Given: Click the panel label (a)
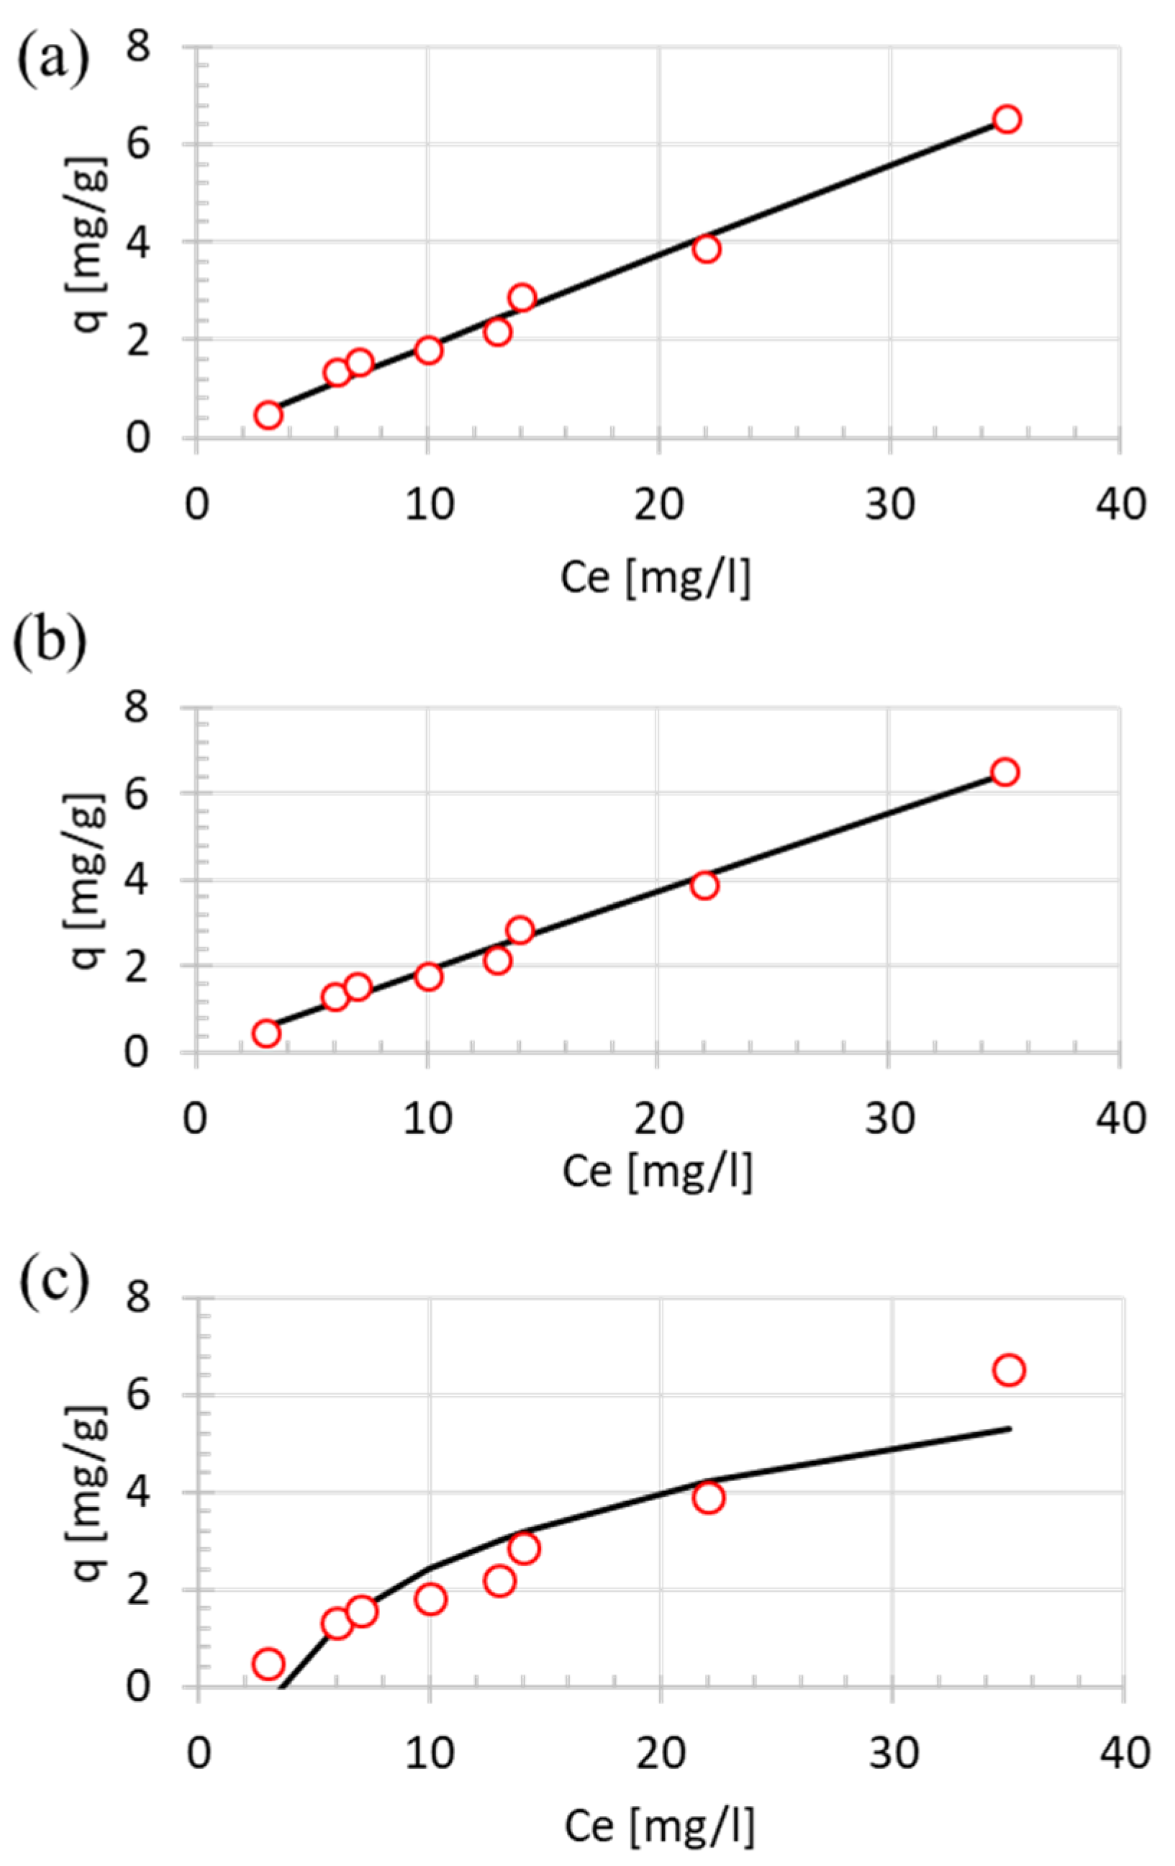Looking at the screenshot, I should point(53,59).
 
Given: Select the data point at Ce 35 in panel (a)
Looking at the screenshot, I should point(1006,119).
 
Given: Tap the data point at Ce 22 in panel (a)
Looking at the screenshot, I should point(706,249).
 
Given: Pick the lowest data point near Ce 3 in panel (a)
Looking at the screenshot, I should point(268,415).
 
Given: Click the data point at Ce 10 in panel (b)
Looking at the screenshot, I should point(428,977).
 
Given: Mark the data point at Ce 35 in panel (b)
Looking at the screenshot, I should point(1004,772).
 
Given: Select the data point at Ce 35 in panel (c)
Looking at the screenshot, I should point(1008,1370).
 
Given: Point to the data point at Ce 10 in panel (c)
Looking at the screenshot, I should point(430,1598).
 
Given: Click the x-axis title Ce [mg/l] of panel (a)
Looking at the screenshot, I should point(655,577).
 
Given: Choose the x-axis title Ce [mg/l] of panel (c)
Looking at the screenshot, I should point(659,1826).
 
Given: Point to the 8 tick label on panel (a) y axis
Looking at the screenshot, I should point(137,48).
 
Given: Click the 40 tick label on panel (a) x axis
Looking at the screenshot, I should point(1121,505).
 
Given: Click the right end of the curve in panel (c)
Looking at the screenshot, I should point(1009,1428).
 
